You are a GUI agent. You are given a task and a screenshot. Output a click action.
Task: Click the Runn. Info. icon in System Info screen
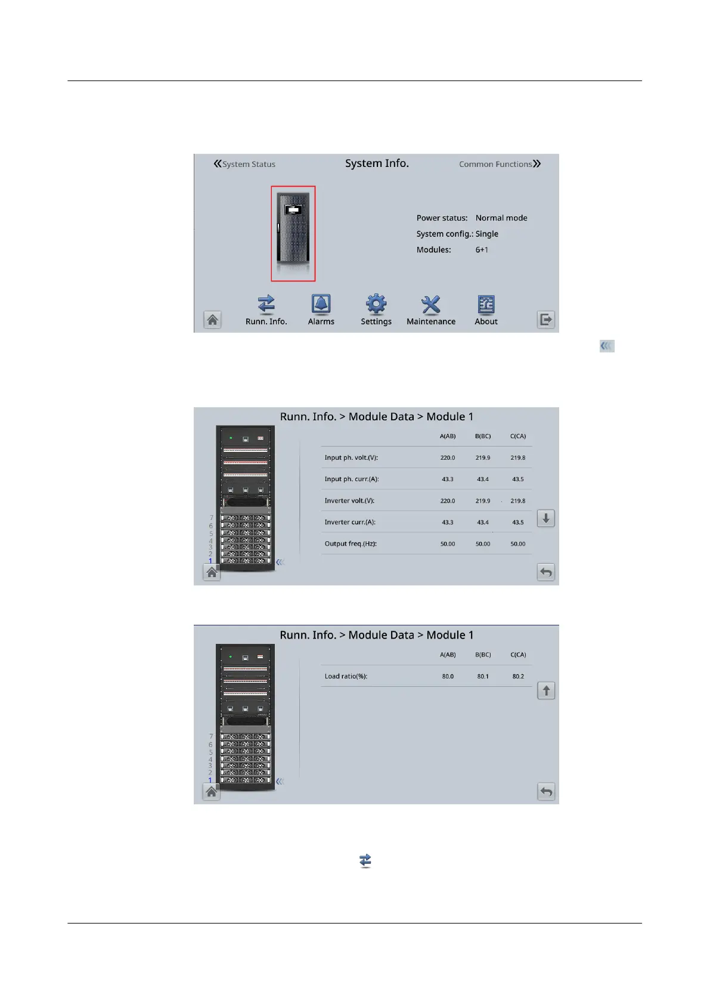point(266,305)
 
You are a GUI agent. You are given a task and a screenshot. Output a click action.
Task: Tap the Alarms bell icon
point(321,305)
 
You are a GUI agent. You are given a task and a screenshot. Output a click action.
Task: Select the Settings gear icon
point(376,305)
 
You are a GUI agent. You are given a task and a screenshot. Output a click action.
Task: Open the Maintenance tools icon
point(430,305)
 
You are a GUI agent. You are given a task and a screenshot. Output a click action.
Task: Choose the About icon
point(486,305)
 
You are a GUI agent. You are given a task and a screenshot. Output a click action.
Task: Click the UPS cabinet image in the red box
point(293,233)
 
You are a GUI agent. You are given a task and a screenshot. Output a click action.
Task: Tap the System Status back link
point(244,164)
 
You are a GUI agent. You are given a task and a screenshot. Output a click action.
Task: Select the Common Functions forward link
point(500,164)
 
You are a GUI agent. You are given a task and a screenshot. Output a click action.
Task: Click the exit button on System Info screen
point(546,320)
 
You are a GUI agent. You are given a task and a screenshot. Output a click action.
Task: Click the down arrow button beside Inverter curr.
point(545,519)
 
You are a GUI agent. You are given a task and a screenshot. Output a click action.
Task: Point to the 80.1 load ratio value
point(483,676)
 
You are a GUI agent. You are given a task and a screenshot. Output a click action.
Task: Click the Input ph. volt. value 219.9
point(483,458)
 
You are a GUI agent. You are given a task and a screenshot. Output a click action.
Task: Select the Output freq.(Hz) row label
point(351,544)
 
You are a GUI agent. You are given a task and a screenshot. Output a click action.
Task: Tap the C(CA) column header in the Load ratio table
point(518,655)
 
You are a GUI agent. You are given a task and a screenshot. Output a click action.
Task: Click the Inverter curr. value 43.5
point(518,522)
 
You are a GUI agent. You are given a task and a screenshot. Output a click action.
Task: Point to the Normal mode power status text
point(501,218)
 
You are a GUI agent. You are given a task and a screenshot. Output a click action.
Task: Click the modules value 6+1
point(482,250)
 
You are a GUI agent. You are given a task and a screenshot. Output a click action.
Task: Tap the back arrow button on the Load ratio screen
point(546,792)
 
